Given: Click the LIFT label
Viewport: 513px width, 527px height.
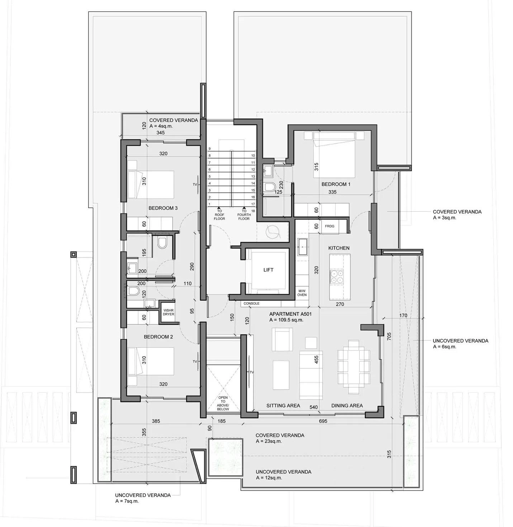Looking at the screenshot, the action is pyautogui.click(x=268, y=270).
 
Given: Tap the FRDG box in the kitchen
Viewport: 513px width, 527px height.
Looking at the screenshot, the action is pyautogui.click(x=329, y=226).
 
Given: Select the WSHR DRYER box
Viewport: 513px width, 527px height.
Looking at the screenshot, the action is pyautogui.click(x=168, y=312).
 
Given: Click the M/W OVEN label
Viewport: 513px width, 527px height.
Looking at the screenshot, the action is pyautogui.click(x=302, y=293).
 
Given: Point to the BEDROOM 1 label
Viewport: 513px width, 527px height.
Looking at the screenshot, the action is pyautogui.click(x=336, y=184).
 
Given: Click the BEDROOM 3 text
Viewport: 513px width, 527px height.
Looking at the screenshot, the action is pyautogui.click(x=163, y=208).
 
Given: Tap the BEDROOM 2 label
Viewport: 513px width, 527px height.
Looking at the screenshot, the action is pyautogui.click(x=158, y=337).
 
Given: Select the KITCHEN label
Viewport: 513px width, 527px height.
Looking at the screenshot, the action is pyautogui.click(x=339, y=248).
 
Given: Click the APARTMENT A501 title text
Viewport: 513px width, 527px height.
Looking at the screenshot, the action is pyautogui.click(x=290, y=314).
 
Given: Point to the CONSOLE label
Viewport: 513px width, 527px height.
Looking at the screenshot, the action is pyautogui.click(x=251, y=303).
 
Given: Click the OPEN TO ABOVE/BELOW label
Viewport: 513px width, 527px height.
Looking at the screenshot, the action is pyautogui.click(x=223, y=403).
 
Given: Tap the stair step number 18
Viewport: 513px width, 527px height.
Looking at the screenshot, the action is pyautogui.click(x=253, y=211).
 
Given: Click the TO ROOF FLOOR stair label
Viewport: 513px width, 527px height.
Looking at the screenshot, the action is pyautogui.click(x=219, y=215).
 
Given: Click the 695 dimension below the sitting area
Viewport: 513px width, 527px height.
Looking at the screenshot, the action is pyautogui.click(x=323, y=421).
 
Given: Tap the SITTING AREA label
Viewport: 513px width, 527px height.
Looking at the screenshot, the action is pyautogui.click(x=283, y=405).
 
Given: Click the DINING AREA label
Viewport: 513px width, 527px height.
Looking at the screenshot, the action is pyautogui.click(x=347, y=405).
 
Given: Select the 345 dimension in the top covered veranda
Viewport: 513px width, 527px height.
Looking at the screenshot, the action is pyautogui.click(x=161, y=133).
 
